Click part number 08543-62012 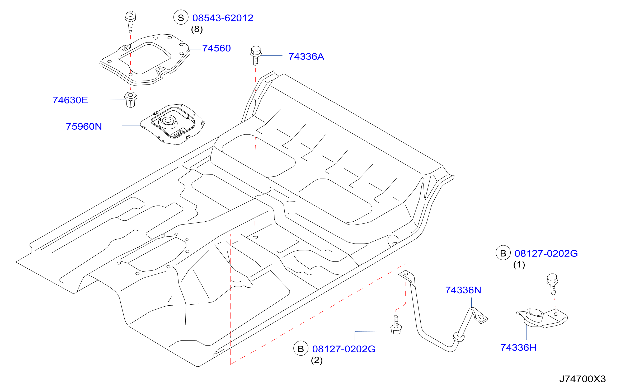point(223,18)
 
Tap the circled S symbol point(181,17)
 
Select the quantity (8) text point(197,29)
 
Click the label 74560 point(216,48)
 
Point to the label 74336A point(306,57)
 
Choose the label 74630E point(70,100)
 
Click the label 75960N point(84,127)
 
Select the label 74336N point(463,290)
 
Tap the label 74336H point(518,348)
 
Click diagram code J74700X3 point(582,379)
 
